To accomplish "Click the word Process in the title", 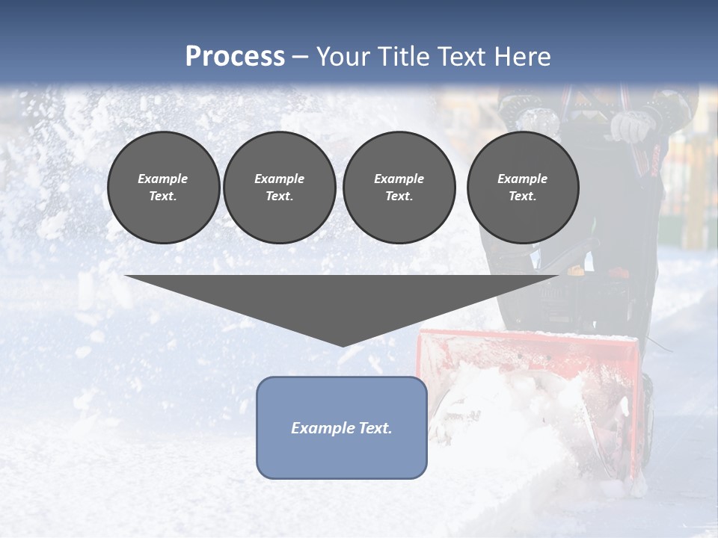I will (x=235, y=57).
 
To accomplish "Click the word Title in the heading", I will (x=403, y=57).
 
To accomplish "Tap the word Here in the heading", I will (x=521, y=57).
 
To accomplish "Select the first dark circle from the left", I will (x=163, y=188).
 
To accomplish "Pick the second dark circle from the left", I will (x=279, y=188).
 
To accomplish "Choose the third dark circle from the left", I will (x=399, y=188).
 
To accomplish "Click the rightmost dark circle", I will (x=522, y=188).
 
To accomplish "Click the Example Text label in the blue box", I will (x=342, y=428).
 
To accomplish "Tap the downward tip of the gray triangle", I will (x=343, y=344).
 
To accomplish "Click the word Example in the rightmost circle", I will (x=522, y=179).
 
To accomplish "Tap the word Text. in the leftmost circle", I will (x=163, y=197).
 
